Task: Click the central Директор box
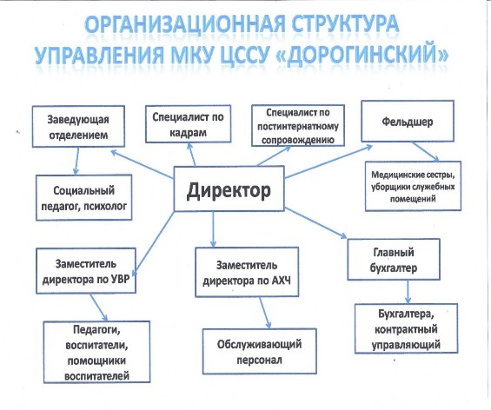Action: point(229,188)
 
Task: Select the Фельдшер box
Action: point(408,121)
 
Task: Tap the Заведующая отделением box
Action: point(78,127)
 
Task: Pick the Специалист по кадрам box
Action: point(188,124)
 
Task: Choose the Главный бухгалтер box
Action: point(394,260)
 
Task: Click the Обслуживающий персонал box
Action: point(259,351)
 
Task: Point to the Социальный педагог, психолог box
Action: point(83,197)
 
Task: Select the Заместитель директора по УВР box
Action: point(86,271)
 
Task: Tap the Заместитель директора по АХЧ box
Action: point(247,272)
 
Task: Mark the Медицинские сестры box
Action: point(413,186)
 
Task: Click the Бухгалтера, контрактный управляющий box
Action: point(406,328)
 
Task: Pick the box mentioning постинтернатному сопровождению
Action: point(298,125)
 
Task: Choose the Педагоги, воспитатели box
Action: point(96,352)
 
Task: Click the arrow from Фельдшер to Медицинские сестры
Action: point(426,151)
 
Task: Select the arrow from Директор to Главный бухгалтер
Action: point(315,223)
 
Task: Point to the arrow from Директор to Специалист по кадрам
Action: point(191,155)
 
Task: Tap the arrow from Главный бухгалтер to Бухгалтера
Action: point(408,292)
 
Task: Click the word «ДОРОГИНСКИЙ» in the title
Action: point(363,54)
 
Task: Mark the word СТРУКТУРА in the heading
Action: point(345,23)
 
